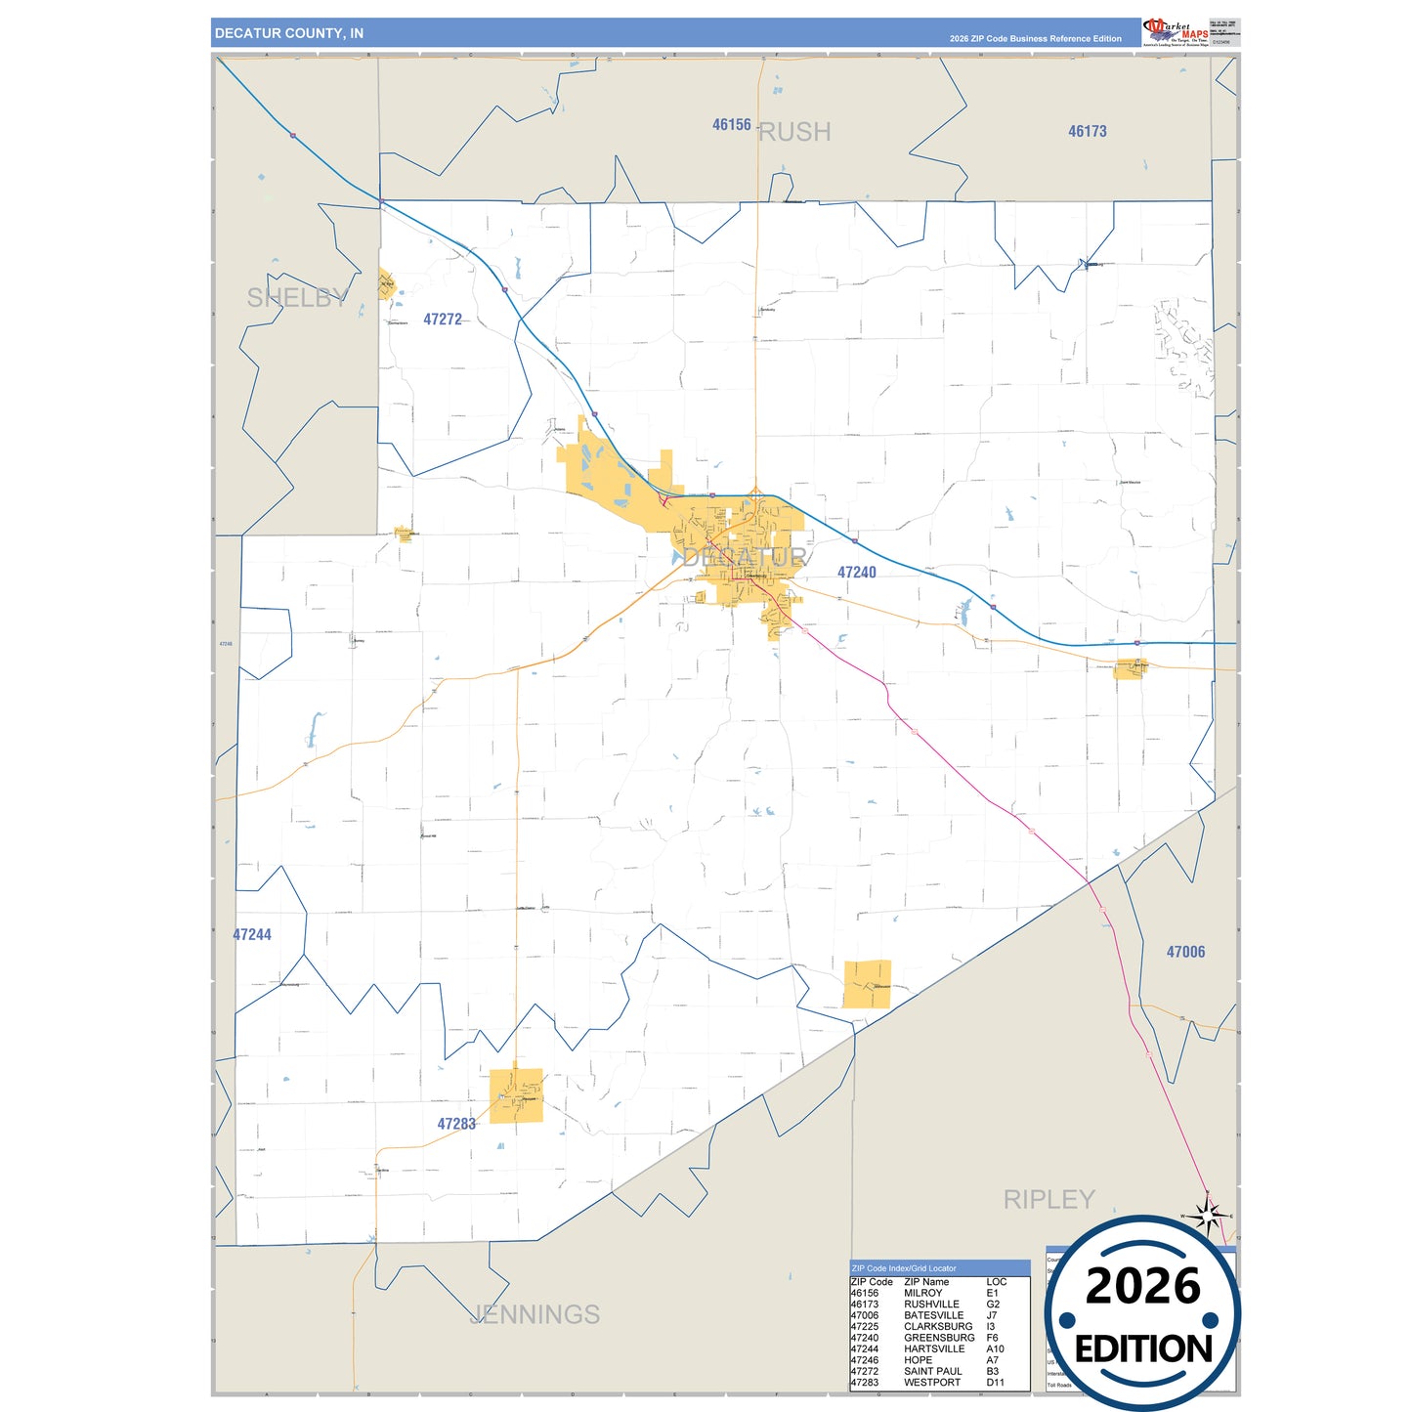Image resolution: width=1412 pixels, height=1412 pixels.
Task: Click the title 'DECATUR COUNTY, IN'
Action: (289, 33)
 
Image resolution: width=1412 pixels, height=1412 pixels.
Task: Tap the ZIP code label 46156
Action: (731, 125)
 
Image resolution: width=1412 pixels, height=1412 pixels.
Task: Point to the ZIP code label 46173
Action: (1087, 131)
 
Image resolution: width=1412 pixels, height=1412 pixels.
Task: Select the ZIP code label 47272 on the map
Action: (443, 320)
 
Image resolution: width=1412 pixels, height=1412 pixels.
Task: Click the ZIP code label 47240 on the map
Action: (856, 573)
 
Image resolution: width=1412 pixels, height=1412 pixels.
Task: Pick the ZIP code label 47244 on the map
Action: (252, 935)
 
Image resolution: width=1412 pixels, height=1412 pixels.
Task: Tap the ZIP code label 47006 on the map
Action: (1185, 952)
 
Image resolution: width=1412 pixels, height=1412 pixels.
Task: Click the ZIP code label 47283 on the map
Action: (456, 1124)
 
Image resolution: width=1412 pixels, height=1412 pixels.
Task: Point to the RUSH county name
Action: (794, 132)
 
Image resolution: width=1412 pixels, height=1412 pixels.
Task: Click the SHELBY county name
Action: (297, 298)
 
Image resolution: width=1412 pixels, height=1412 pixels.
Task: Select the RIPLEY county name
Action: (1048, 1199)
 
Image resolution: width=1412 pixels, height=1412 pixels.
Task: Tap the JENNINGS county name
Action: (535, 1314)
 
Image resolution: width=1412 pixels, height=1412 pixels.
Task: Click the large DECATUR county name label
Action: (745, 558)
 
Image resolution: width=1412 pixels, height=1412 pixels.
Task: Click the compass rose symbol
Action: (1208, 1217)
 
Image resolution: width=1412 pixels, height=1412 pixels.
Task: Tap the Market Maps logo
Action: (1175, 31)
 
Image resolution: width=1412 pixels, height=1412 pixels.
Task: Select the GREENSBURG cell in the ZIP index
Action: (938, 1338)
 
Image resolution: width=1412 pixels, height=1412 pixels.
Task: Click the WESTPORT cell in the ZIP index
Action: (931, 1383)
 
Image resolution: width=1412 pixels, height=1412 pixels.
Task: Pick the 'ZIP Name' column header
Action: (925, 1281)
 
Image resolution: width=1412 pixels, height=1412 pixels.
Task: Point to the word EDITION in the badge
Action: (1143, 1348)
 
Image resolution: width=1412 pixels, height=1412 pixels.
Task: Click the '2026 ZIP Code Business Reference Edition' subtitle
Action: (1035, 39)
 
